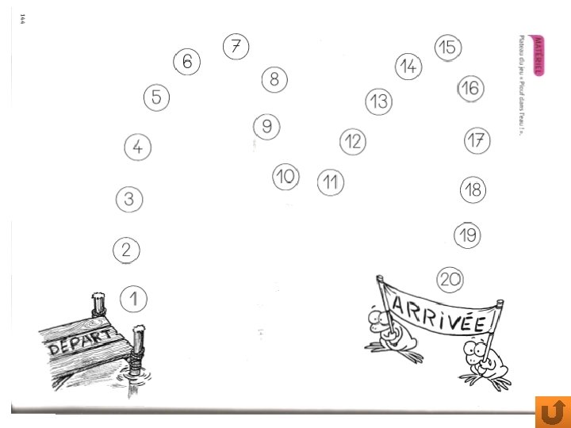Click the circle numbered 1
[x=134, y=299]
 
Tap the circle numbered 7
[x=236, y=47]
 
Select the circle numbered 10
[x=285, y=177]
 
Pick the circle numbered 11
[x=331, y=183]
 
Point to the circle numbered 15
[x=448, y=48]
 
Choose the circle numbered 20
[x=450, y=279]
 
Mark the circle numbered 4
[x=138, y=147]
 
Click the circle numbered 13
[x=379, y=101]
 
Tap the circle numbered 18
[x=473, y=189]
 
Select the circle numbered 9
[x=267, y=126]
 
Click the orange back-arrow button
[x=553, y=411]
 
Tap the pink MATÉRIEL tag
[x=539, y=55]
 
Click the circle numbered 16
[x=470, y=88]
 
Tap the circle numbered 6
[x=187, y=62]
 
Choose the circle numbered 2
[x=127, y=250]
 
